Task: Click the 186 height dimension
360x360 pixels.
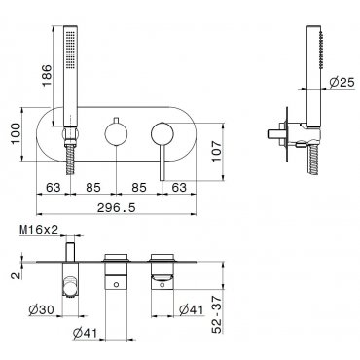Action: [x=47, y=75]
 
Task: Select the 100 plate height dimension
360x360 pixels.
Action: [x=15, y=133]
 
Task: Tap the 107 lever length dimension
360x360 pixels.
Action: [x=216, y=152]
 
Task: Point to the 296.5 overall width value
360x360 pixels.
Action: [x=117, y=207]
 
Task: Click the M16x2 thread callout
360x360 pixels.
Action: [x=39, y=230]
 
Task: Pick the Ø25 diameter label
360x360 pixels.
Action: [x=342, y=82]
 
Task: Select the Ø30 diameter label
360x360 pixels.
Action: [x=41, y=310]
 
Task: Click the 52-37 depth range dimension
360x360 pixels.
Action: [x=217, y=314]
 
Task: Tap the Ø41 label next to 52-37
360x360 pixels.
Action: [x=192, y=310]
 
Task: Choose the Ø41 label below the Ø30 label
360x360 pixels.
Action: [x=85, y=333]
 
